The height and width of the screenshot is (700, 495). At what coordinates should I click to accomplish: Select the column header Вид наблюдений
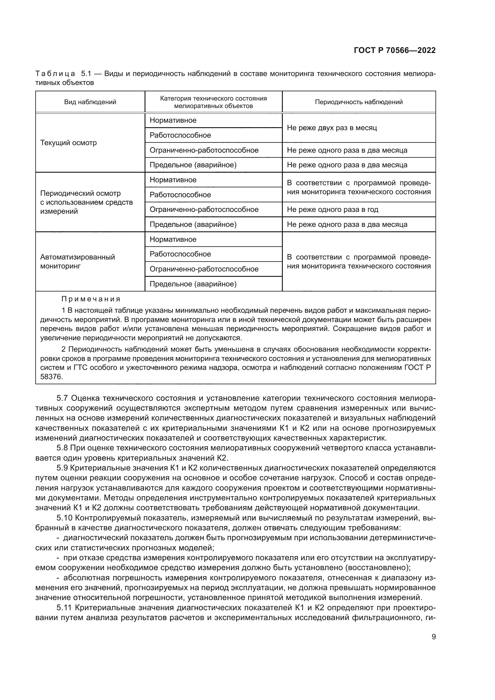pyautogui.click(x=90, y=102)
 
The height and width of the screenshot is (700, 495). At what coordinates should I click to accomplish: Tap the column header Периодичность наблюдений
pyautogui.click(x=359, y=102)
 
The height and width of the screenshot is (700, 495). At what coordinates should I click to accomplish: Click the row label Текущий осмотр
pyautogui.click(x=68, y=143)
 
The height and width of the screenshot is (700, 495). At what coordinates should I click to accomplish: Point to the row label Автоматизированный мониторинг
pyautogui.click(x=78, y=261)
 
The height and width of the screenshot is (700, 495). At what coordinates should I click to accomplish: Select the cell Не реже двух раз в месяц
pyautogui.click(x=332, y=128)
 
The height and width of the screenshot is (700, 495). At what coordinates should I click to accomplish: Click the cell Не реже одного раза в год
pyautogui.click(x=332, y=209)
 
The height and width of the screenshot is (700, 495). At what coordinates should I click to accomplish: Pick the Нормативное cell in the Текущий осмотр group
pyautogui.click(x=173, y=120)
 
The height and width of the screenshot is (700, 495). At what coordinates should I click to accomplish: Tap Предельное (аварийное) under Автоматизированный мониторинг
pyautogui.click(x=193, y=284)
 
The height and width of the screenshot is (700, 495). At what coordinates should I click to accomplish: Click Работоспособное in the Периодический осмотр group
pyautogui.click(x=180, y=195)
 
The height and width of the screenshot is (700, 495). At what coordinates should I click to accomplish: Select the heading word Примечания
pyautogui.click(x=91, y=299)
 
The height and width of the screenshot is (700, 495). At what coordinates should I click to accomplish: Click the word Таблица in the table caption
pyautogui.click(x=55, y=74)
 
